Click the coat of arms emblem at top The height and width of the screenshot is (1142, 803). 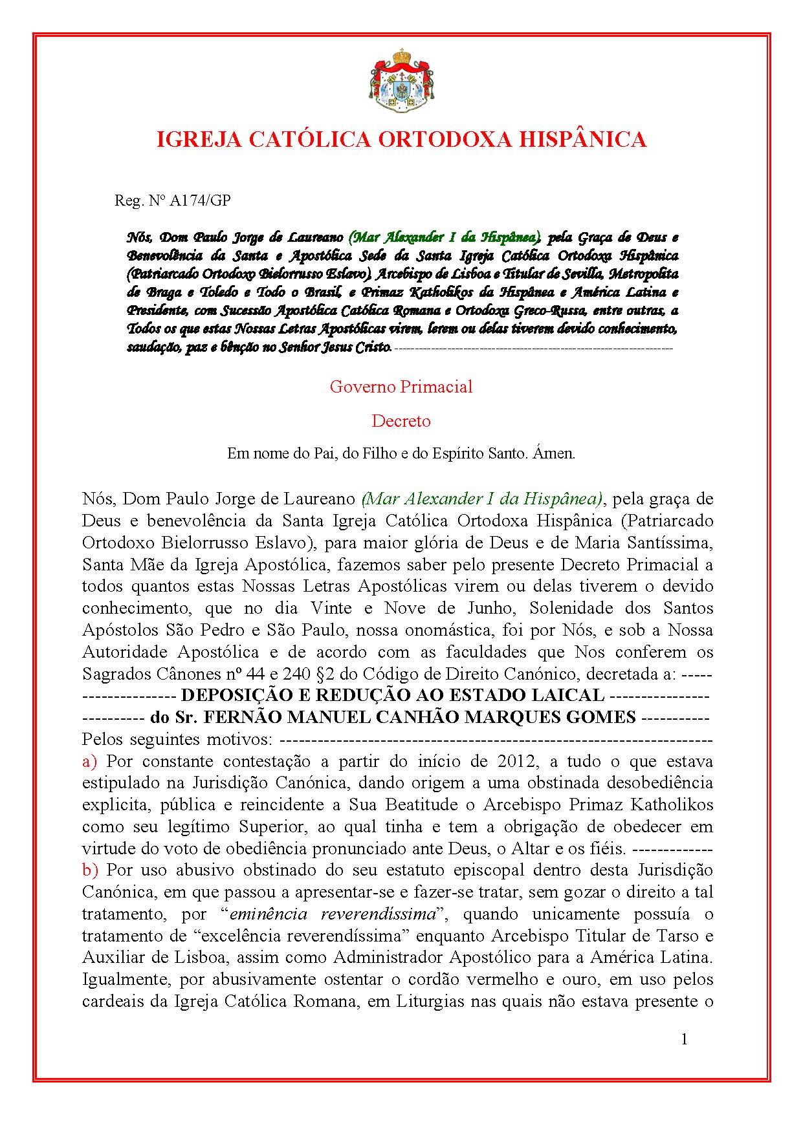(x=401, y=80)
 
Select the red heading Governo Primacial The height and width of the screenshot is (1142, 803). (x=401, y=387)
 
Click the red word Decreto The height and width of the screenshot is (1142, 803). (x=401, y=421)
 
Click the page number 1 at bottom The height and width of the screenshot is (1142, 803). (x=685, y=1039)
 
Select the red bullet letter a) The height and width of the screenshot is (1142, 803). (x=89, y=761)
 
